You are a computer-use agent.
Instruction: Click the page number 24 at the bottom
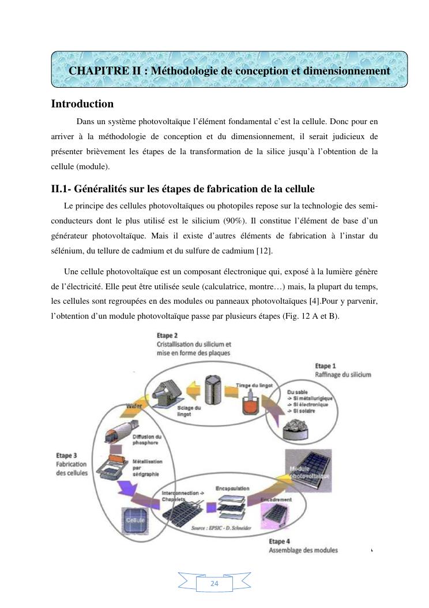click(215, 584)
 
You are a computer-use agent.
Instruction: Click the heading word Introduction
click(82, 104)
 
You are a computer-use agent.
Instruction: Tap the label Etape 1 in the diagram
click(326, 365)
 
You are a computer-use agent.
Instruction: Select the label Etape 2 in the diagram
click(168, 335)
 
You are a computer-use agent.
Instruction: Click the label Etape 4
click(280, 541)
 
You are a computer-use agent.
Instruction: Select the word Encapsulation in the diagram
click(232, 488)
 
